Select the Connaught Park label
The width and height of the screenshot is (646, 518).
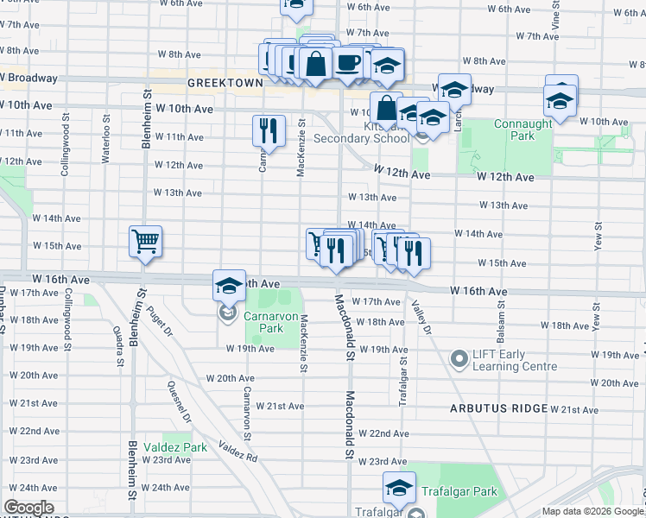(x=522, y=129)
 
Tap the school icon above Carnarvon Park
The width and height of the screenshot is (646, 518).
(x=229, y=286)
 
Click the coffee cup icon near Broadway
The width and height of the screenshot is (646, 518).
(x=348, y=63)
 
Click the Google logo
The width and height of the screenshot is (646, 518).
(x=28, y=508)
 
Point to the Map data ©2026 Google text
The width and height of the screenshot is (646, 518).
(x=592, y=511)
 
